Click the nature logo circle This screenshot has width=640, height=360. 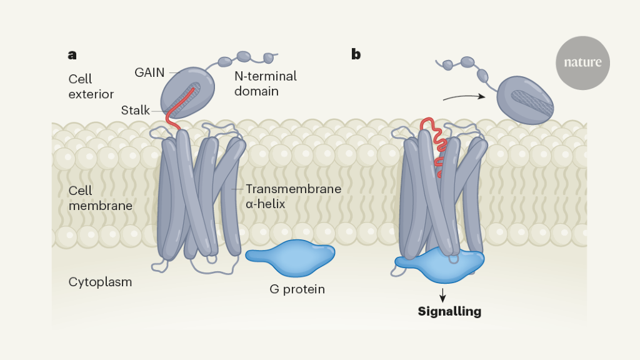(x=582, y=62)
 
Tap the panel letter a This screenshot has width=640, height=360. (x=72, y=54)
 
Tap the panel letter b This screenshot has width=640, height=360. (x=356, y=54)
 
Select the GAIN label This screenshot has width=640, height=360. (x=149, y=72)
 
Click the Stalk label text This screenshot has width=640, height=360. (x=136, y=111)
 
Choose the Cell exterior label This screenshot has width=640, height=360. (x=91, y=87)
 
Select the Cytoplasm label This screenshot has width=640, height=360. (x=100, y=282)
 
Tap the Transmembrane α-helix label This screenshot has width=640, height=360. (x=293, y=195)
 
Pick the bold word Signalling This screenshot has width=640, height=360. (x=449, y=311)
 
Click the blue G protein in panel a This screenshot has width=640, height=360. (x=290, y=257)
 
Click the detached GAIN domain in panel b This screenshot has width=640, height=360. (x=525, y=100)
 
